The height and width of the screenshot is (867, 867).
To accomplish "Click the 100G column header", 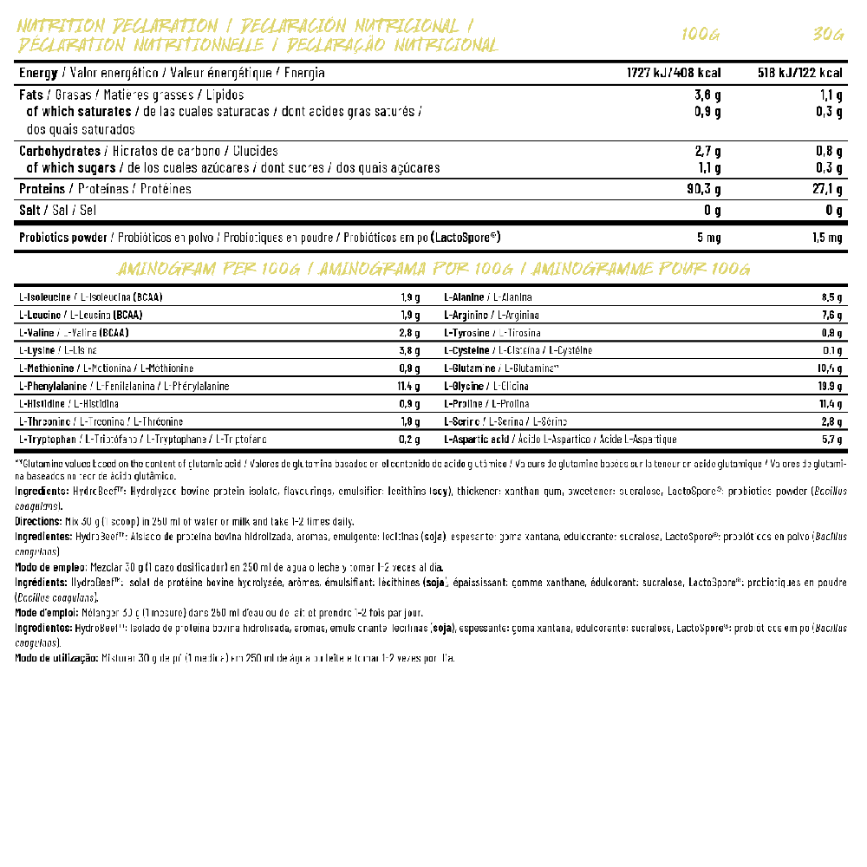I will pyautogui.click(x=701, y=35).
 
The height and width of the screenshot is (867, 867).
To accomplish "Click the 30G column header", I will pyautogui.click(x=828, y=35).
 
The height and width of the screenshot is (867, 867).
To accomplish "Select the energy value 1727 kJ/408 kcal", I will pyautogui.click(x=674, y=73).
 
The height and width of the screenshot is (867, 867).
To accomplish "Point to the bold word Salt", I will pyautogui.click(x=30, y=210).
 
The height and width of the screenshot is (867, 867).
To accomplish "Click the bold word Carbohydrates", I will pyautogui.click(x=59, y=150).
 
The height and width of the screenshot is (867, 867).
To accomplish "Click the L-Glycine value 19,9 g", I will pyautogui.click(x=830, y=386).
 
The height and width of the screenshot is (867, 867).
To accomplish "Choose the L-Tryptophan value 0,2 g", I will pyautogui.click(x=410, y=440).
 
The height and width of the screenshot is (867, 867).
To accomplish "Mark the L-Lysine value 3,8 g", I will pyautogui.click(x=410, y=350).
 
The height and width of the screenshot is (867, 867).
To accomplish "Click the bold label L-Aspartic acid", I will pyautogui.click(x=478, y=440).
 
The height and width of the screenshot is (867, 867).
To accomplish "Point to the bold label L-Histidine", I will pyautogui.click(x=43, y=404).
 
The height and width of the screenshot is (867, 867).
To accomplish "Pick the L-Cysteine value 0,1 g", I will pyautogui.click(x=832, y=350).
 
